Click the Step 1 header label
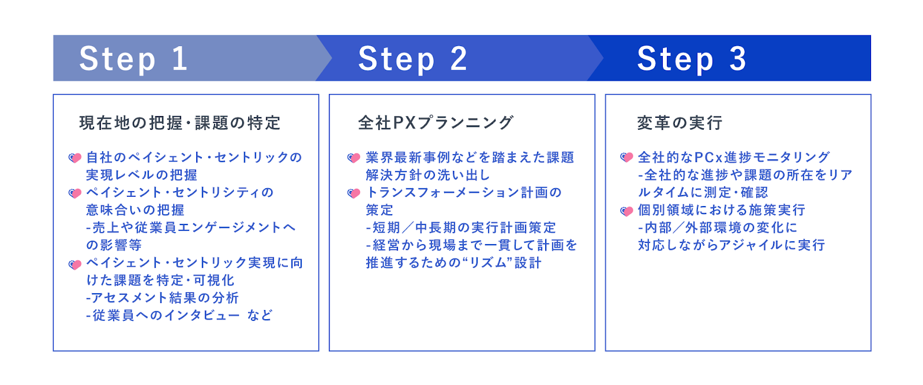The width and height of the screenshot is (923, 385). click(x=134, y=59)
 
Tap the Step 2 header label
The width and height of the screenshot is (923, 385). click(x=412, y=59)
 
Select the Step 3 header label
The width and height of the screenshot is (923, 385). click(x=692, y=59)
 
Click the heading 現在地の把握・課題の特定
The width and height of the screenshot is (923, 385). click(x=180, y=123)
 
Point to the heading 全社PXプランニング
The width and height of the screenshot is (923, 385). click(x=436, y=123)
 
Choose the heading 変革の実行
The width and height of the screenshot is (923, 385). click(x=680, y=123)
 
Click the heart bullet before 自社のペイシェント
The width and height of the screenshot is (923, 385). click(x=74, y=158)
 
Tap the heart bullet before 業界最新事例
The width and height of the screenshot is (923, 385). click(x=354, y=158)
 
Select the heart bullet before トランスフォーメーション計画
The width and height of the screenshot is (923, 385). click(x=354, y=193)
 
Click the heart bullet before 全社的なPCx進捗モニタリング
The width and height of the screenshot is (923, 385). click(x=626, y=157)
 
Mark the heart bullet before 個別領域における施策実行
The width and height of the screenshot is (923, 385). click(x=626, y=211)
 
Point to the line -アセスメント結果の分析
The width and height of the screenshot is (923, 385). click(x=162, y=298)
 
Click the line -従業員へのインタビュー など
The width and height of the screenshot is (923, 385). click(x=179, y=316)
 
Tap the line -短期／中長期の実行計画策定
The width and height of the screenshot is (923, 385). click(x=461, y=228)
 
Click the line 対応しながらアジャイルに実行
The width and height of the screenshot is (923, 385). click(x=731, y=245)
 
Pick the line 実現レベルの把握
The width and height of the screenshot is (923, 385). click(x=142, y=175)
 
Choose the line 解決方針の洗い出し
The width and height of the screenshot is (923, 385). click(x=427, y=175)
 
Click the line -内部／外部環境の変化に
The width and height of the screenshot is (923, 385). click(x=718, y=228)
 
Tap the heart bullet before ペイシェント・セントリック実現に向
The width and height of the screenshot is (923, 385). click(x=74, y=264)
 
